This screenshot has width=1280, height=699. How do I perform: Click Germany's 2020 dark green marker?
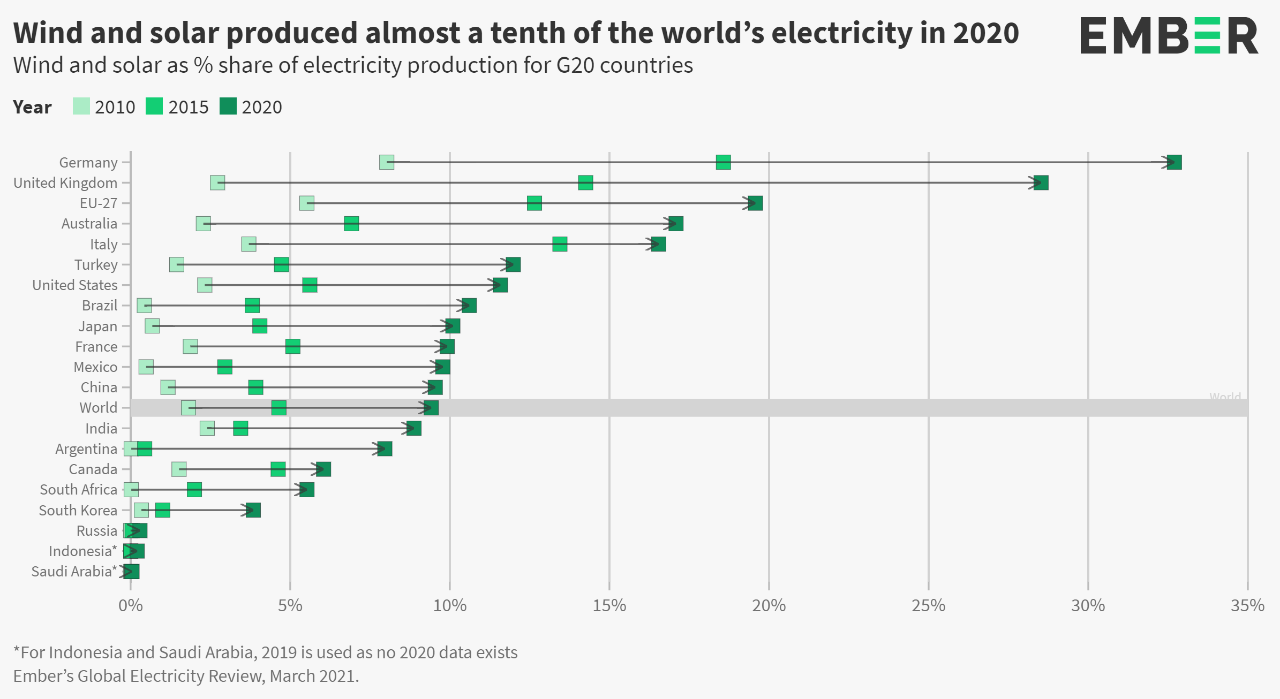click(1174, 162)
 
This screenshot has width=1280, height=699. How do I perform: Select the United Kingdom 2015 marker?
click(585, 183)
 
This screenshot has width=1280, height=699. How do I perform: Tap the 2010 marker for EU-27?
click(306, 203)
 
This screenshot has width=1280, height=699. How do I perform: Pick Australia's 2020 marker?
click(676, 224)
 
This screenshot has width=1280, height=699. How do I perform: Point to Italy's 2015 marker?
click(560, 244)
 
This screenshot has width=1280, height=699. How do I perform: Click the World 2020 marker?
click(431, 408)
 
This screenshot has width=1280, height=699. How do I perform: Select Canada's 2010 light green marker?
click(179, 469)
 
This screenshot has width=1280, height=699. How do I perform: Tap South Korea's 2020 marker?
click(253, 510)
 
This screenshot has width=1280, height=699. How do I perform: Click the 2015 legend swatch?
click(154, 107)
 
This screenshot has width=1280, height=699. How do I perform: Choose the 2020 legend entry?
click(251, 107)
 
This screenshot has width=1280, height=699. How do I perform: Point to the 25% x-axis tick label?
click(928, 606)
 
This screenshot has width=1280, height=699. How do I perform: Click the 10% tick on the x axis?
click(449, 606)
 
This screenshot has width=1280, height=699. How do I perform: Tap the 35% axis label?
click(1247, 606)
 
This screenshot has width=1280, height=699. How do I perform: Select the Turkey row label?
click(96, 265)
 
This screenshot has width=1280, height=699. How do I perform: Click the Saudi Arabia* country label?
click(74, 572)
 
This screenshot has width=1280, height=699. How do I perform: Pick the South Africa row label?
click(78, 490)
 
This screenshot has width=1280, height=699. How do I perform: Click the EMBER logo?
click(1169, 35)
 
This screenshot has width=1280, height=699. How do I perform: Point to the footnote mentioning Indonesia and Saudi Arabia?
click(265, 652)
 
